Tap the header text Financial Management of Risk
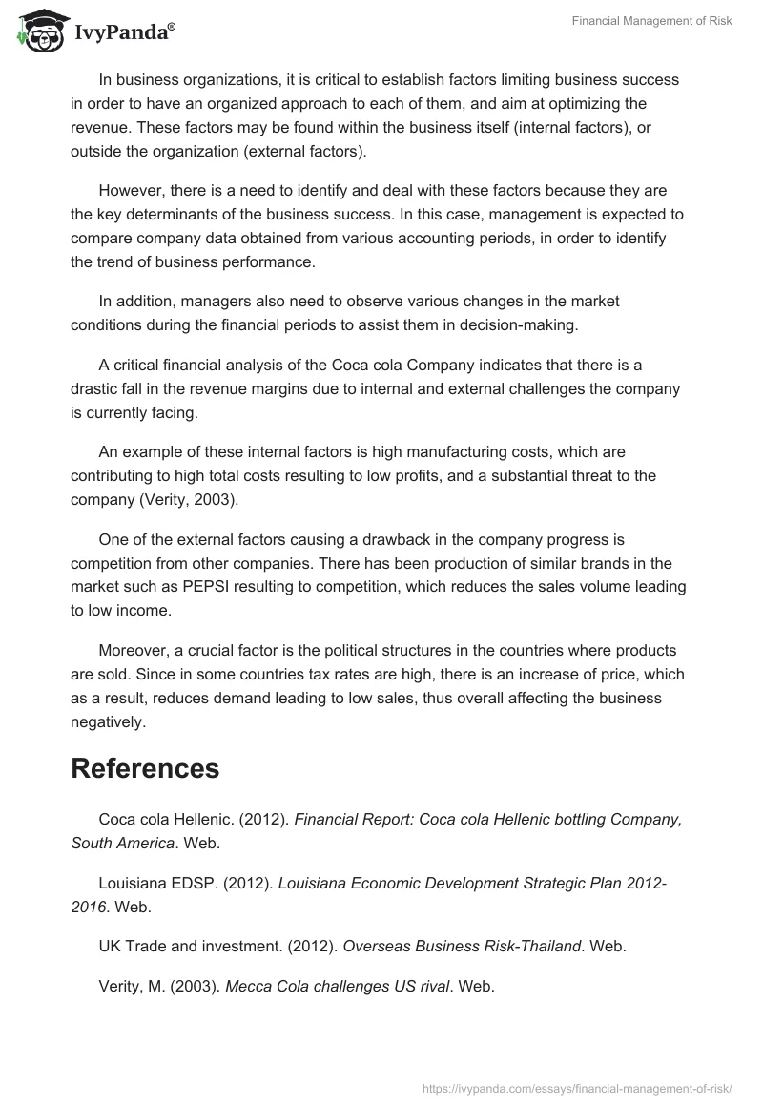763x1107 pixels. pos(652,21)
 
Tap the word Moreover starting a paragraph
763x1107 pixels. pos(134,650)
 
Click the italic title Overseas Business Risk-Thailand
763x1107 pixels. pos(462,946)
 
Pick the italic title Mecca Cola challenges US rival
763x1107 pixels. pos(337,986)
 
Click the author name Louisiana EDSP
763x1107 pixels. pos(153,883)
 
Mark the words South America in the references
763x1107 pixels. pos(123,843)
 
